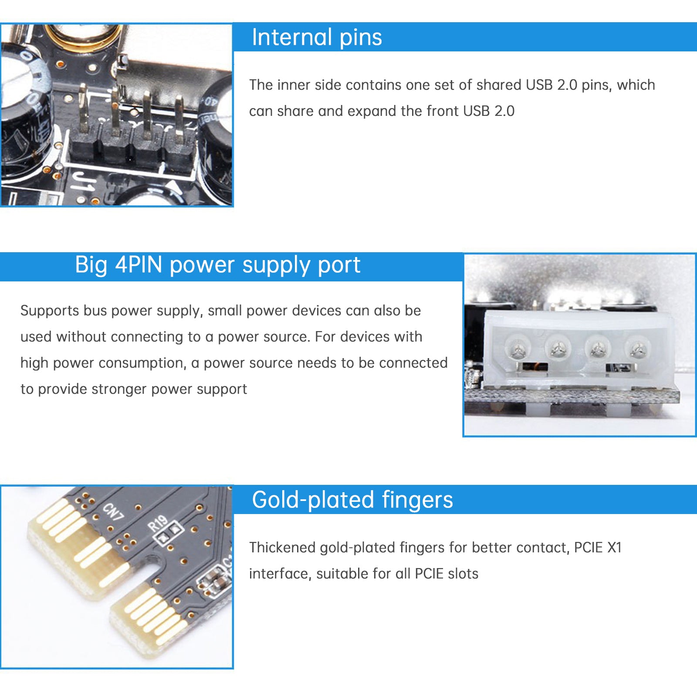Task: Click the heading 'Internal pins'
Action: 317,37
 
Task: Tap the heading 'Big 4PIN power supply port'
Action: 217,265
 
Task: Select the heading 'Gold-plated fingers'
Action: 352,500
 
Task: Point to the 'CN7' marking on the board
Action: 113,512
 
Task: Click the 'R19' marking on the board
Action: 158,523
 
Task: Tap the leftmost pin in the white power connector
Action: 517,348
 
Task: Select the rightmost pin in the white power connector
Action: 637,348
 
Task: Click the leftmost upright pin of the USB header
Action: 83,109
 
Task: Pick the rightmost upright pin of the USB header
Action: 179,118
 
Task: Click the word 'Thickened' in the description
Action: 282,548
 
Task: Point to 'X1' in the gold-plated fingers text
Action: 614,548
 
